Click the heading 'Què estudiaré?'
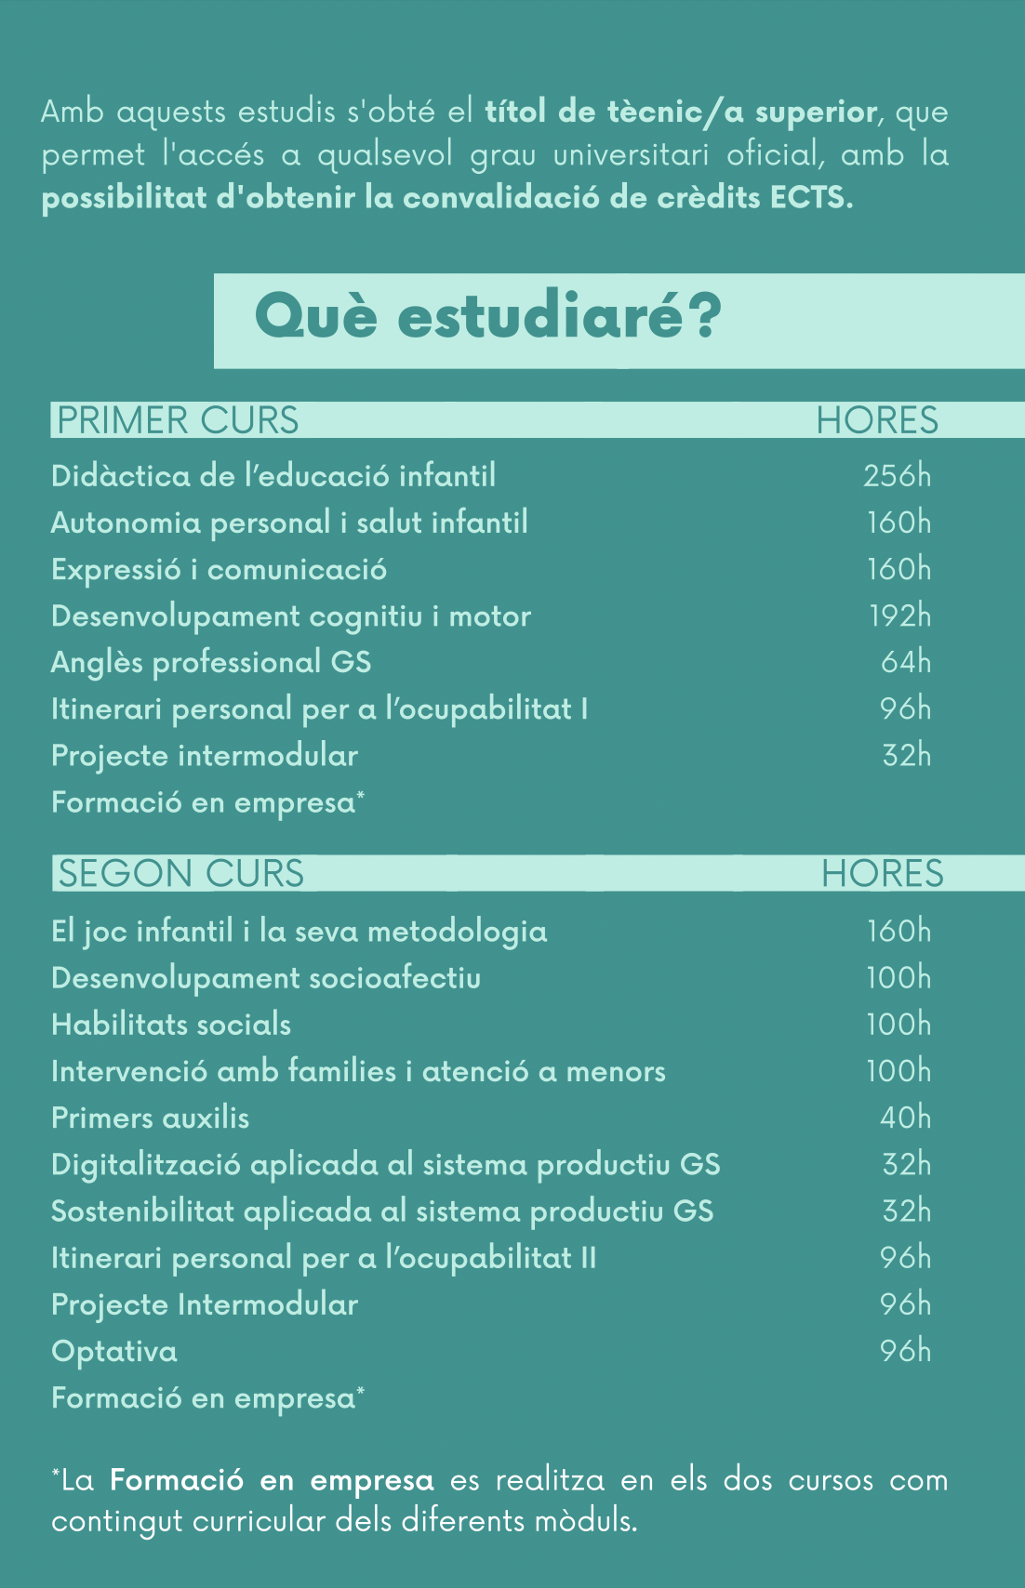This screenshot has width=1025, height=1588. click(487, 317)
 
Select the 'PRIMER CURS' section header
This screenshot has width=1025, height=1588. click(178, 420)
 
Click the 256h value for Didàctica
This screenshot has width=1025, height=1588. click(897, 476)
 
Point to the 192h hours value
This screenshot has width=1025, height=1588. click(899, 615)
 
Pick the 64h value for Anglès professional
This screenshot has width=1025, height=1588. click(905, 662)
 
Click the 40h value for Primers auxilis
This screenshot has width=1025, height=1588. click(905, 1118)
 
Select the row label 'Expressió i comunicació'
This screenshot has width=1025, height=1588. click(219, 569)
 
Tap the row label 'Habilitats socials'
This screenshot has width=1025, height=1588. click(171, 1025)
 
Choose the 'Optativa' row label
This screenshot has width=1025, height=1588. click(114, 1351)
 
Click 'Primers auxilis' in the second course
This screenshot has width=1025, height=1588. click(151, 1118)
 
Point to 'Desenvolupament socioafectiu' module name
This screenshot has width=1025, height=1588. click(266, 978)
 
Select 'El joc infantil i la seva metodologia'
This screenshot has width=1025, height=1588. click(299, 932)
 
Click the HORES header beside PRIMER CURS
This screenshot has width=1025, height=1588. click(877, 420)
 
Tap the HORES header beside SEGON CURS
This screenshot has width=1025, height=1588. click(882, 874)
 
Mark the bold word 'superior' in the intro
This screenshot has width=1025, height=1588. click(816, 112)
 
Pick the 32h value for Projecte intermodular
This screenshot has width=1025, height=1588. click(906, 755)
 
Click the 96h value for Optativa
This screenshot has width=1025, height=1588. click(905, 1351)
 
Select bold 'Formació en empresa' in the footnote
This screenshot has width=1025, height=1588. click(272, 1480)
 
